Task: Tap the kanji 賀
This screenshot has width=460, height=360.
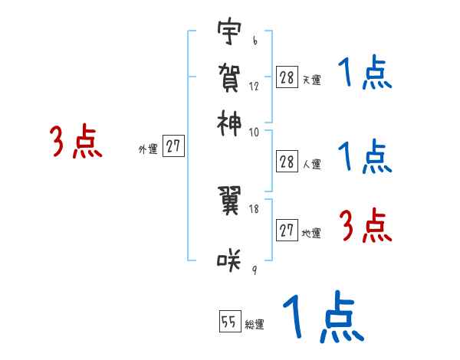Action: click(x=229, y=77)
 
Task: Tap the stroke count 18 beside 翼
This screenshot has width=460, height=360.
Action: click(x=255, y=208)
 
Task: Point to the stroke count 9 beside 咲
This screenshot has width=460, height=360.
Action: click(x=254, y=269)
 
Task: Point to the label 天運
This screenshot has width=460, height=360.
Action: click(x=311, y=80)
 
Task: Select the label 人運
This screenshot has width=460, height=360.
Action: click(x=311, y=164)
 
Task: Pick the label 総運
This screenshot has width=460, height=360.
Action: click(x=254, y=325)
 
